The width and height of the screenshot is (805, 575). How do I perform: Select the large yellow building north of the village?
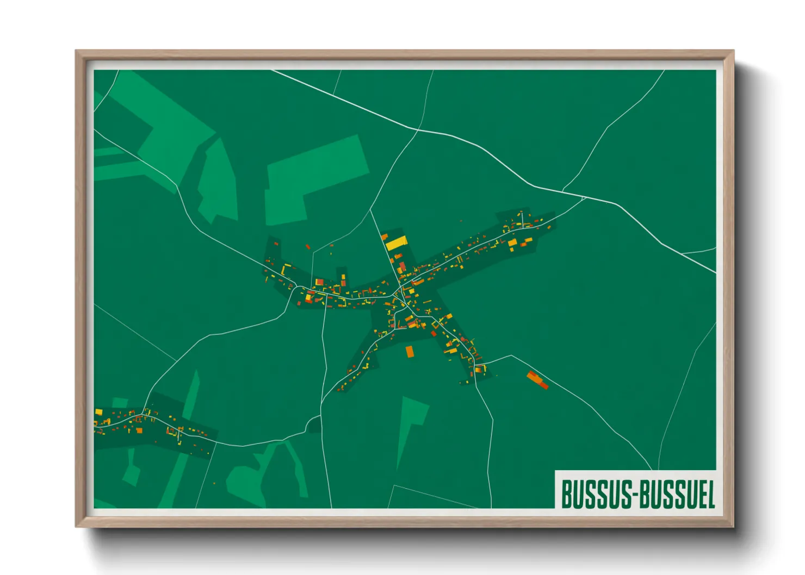pos(397,242)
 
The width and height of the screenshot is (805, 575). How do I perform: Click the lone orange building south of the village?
pos(410,352)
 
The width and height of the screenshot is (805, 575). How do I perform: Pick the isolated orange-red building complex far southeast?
pos(537,379)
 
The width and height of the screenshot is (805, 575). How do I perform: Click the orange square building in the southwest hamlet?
pos(139,430)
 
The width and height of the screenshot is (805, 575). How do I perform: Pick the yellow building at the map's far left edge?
pos(98,412)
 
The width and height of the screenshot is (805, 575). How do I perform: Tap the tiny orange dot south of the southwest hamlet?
pos(214,483)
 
